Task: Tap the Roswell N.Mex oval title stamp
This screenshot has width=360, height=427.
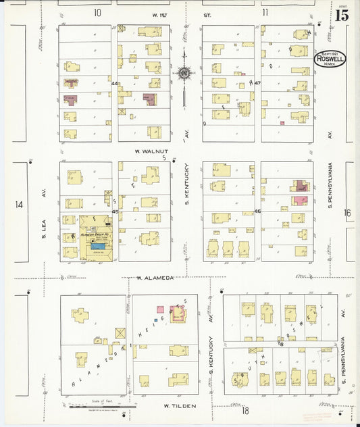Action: (330, 59)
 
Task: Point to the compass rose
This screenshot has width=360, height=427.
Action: (183, 72)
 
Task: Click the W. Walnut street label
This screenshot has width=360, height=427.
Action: (151, 152)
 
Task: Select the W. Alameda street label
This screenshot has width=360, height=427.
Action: (156, 278)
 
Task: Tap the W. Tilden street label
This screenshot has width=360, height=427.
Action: (180, 405)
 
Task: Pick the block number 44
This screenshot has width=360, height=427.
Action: (115, 84)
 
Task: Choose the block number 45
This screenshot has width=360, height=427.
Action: (115, 211)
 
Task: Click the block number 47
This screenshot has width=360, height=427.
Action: (258, 82)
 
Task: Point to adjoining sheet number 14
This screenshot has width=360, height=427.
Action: (19, 205)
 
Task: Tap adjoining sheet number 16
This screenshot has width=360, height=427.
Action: (347, 213)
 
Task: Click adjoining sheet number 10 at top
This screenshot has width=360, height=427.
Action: (97, 12)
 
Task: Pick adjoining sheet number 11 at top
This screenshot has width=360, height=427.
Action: (265, 12)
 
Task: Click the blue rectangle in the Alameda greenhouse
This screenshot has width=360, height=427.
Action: (98, 247)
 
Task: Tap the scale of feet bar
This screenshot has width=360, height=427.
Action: (101, 407)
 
